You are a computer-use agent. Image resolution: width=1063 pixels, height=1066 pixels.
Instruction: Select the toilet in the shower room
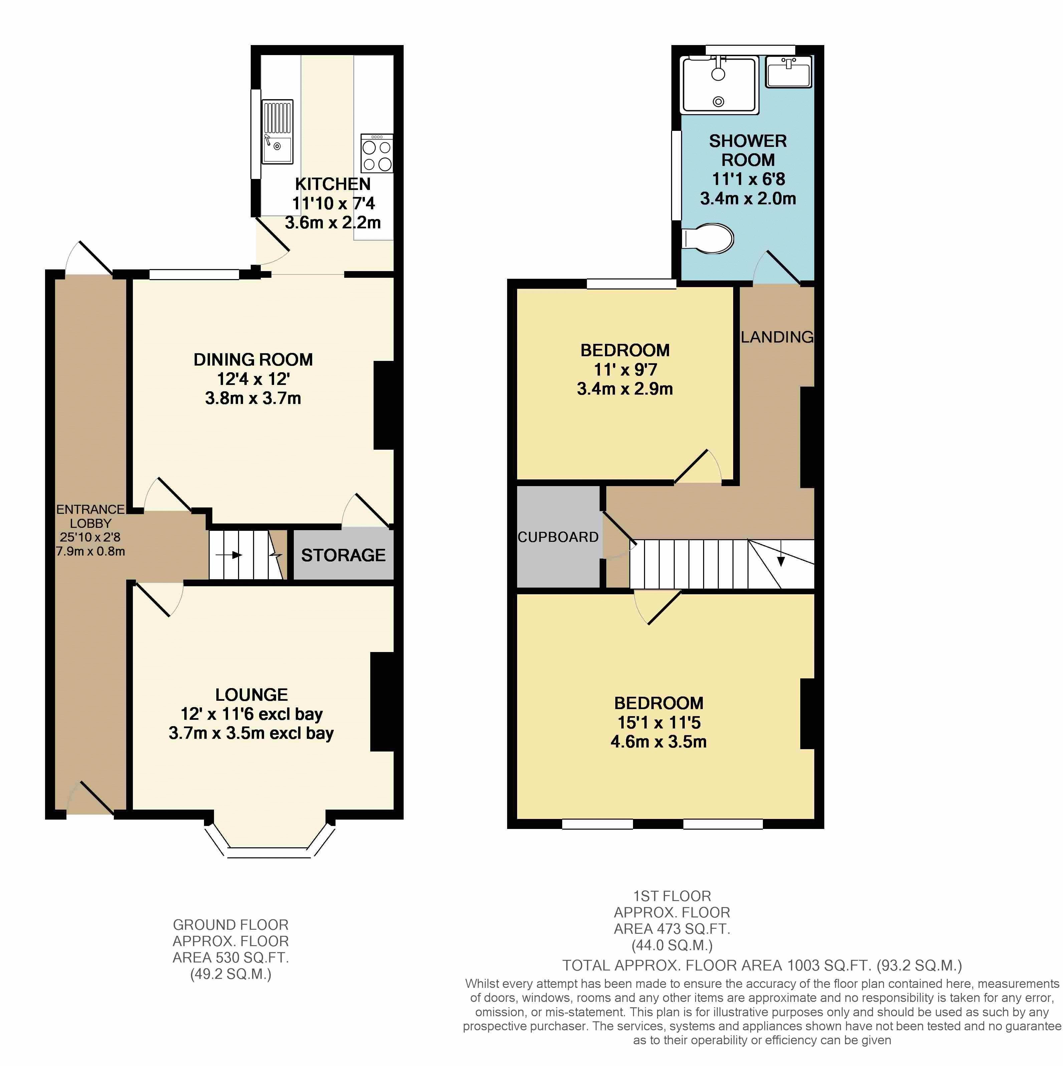[708, 238]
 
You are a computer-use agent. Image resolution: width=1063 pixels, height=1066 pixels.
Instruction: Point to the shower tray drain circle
[718, 101]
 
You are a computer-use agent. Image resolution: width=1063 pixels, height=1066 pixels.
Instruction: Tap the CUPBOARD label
[558, 537]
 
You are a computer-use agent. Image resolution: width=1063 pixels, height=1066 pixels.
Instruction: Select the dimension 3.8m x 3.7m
[253, 398]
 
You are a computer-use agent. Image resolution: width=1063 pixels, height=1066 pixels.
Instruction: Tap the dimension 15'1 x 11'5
[659, 722]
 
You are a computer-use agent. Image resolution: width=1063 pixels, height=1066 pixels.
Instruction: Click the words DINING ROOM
[253, 360]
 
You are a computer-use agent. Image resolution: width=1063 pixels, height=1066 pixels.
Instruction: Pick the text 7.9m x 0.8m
[90, 551]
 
